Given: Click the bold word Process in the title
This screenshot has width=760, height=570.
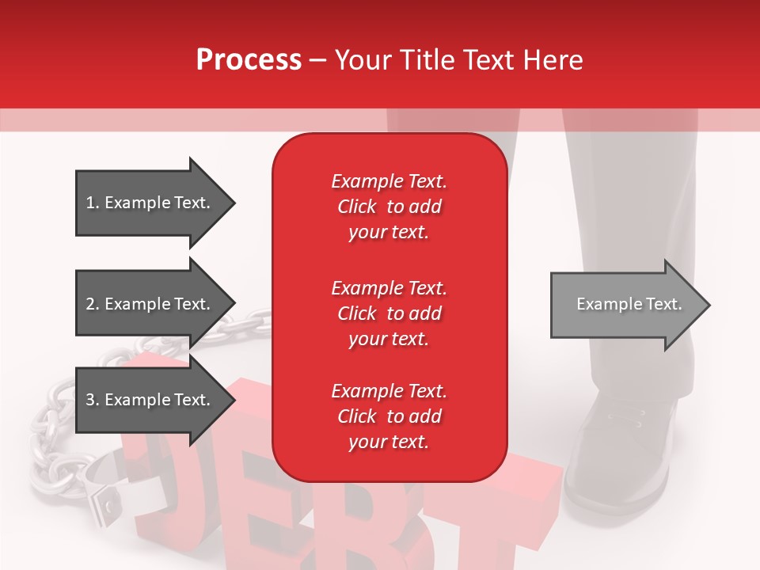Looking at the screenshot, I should (x=249, y=59).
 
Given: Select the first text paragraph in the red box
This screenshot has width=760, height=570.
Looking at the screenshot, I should (x=389, y=207).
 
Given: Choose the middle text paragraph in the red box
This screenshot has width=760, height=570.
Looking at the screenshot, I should (x=389, y=313).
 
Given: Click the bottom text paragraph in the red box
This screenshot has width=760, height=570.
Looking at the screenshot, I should (x=389, y=416).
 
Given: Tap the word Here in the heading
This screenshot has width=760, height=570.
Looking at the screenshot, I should (x=553, y=59).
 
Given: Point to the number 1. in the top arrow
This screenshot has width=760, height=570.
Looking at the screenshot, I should (x=93, y=203).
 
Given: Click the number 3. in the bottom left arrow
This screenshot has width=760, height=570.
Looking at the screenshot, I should (x=93, y=400).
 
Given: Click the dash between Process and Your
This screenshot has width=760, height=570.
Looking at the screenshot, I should (x=317, y=60).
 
